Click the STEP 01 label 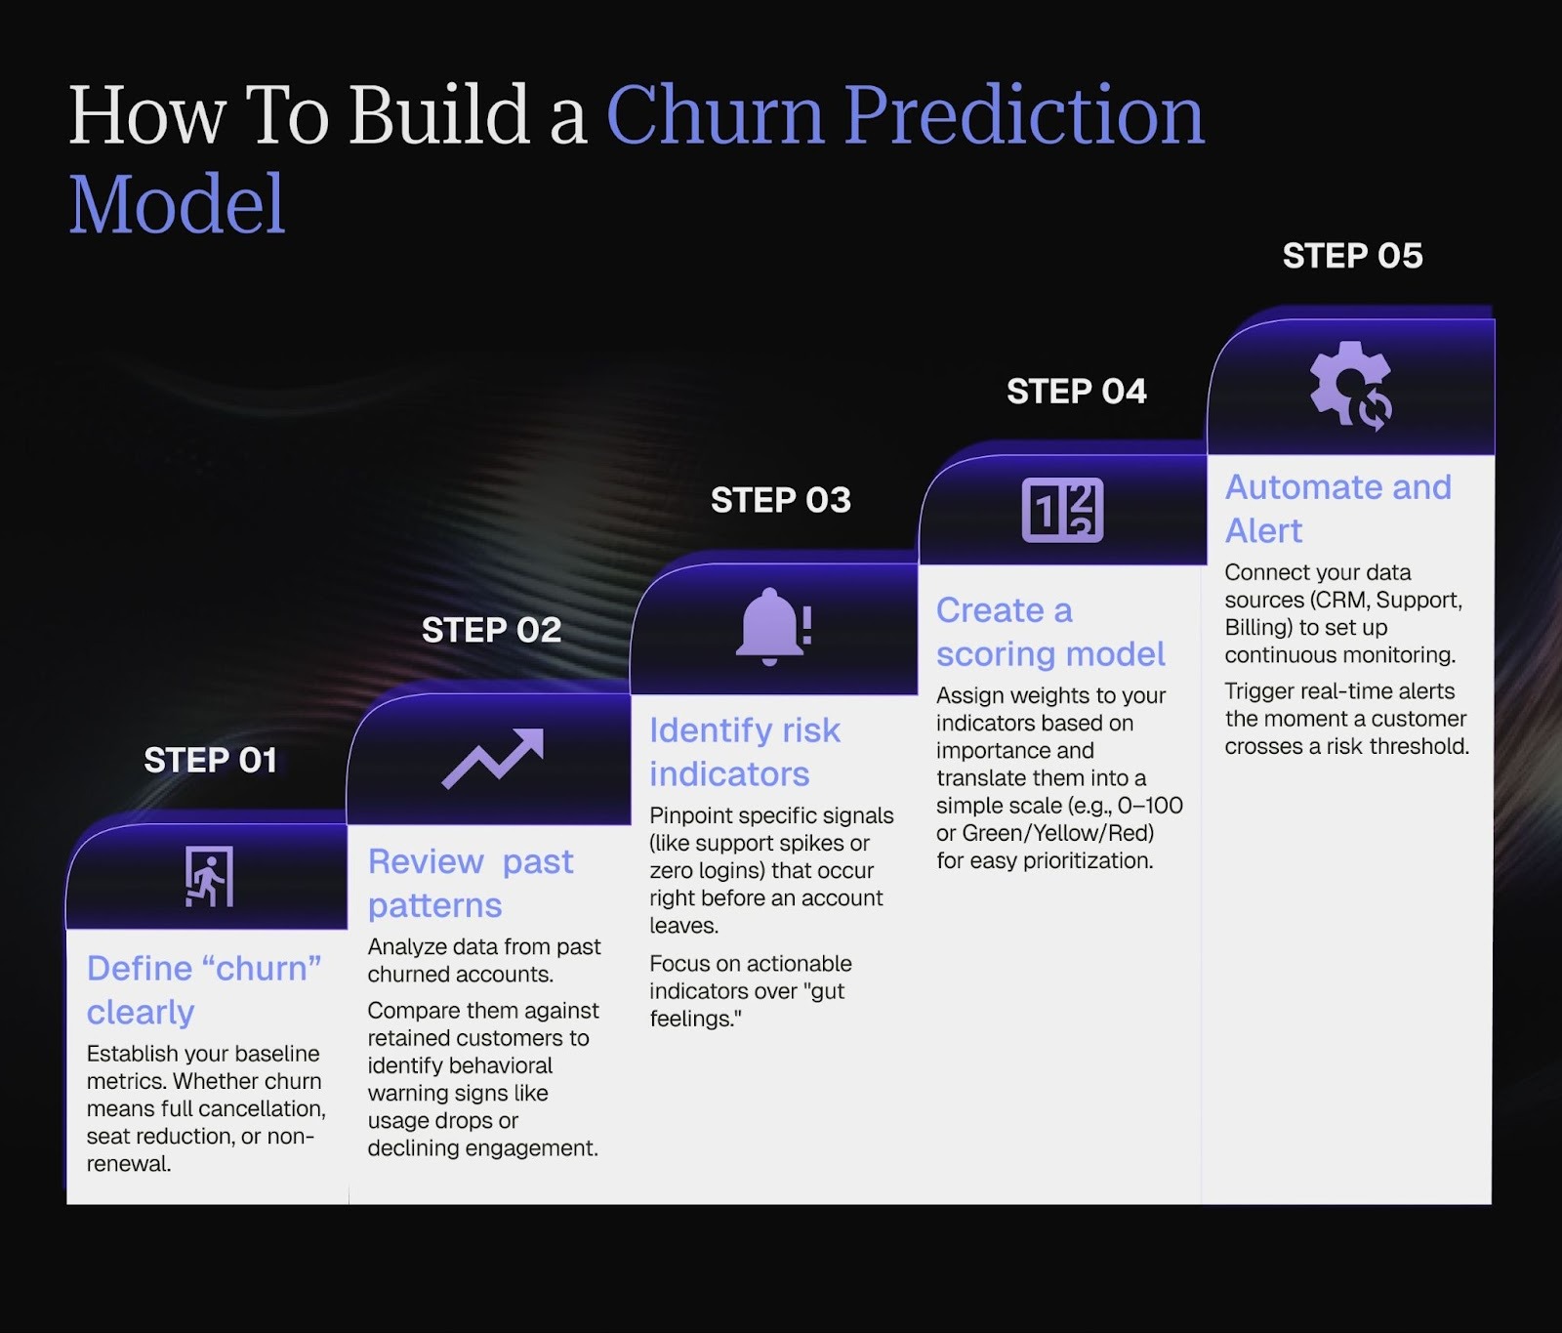(x=210, y=760)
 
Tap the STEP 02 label (x=491, y=630)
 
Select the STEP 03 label (x=780, y=500)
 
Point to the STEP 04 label (x=1076, y=392)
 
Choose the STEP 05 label (x=1352, y=256)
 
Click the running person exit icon (x=209, y=876)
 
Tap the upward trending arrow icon (x=492, y=759)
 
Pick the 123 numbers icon (x=1062, y=510)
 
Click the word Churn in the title (x=715, y=115)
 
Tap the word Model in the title (x=177, y=204)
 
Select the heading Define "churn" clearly (x=203, y=989)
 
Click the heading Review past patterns (x=470, y=883)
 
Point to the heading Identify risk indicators (x=744, y=751)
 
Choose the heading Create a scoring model (x=1049, y=632)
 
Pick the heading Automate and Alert (x=1337, y=508)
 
